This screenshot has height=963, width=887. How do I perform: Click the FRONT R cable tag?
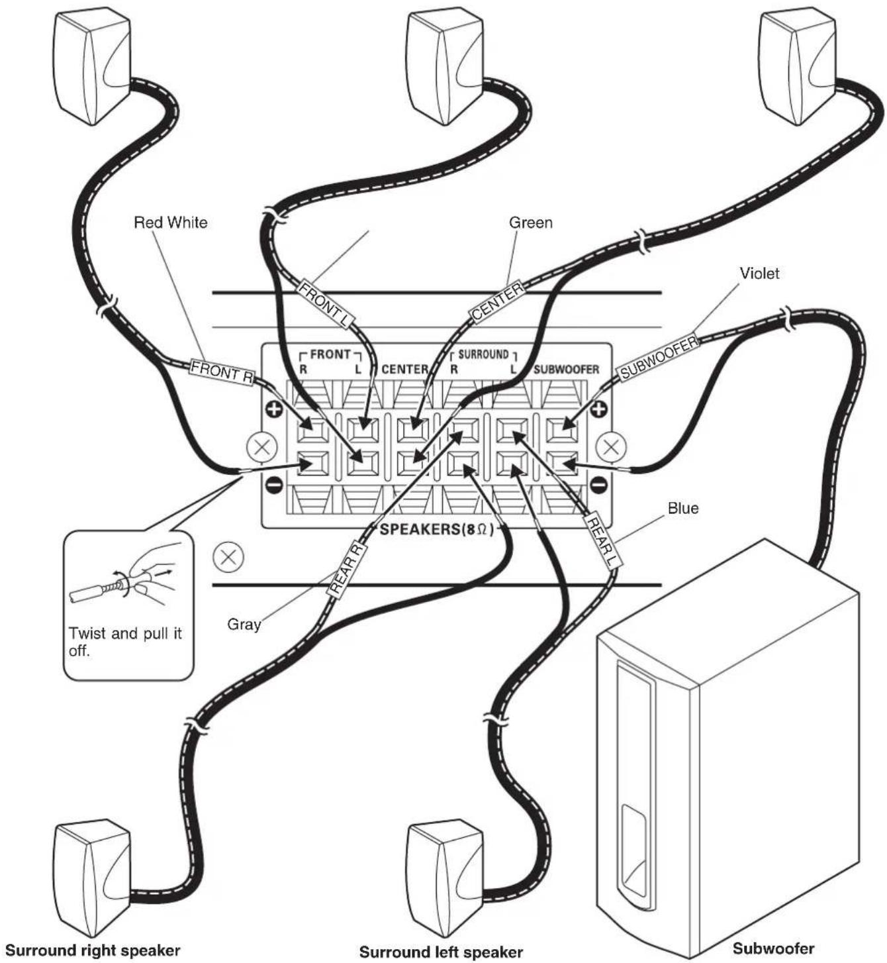[x=222, y=373]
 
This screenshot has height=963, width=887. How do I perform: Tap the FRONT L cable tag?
[x=326, y=305]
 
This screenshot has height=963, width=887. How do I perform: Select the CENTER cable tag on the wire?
[x=497, y=301]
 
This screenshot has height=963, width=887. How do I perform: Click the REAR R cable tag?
[x=347, y=570]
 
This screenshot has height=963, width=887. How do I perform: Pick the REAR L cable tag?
[x=602, y=542]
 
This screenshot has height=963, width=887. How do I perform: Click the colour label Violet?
[x=759, y=273]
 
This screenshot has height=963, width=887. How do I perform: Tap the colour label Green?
[x=530, y=223]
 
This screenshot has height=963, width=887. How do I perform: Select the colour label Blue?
[x=683, y=508]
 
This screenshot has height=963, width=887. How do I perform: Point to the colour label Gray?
[x=244, y=624]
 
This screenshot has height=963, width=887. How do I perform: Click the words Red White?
[x=170, y=223]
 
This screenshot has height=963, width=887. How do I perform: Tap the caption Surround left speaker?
[x=441, y=938]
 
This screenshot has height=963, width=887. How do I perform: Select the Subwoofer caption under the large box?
[x=773, y=935]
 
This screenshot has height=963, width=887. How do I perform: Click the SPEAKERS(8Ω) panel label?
[x=437, y=529]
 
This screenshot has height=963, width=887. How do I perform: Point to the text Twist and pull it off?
[x=125, y=642]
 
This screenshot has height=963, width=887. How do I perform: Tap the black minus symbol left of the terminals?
[x=274, y=485]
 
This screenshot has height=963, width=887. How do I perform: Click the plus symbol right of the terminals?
[x=598, y=409]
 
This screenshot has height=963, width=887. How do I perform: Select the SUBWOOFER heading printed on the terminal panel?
[x=567, y=370]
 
